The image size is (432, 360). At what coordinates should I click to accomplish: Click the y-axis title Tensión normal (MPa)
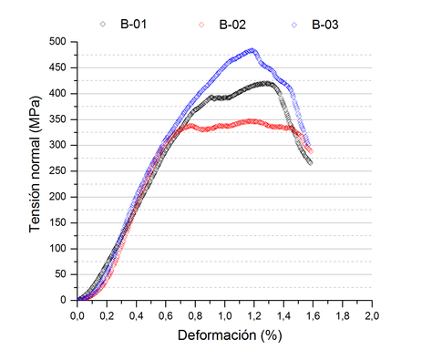pyautogui.click(x=36, y=170)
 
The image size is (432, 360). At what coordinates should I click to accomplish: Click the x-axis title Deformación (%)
pyautogui.click(x=224, y=334)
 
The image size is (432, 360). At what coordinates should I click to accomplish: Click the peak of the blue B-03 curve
pyautogui.click(x=252, y=51)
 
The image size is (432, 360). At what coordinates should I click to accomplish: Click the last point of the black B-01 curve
pyautogui.click(x=310, y=162)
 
